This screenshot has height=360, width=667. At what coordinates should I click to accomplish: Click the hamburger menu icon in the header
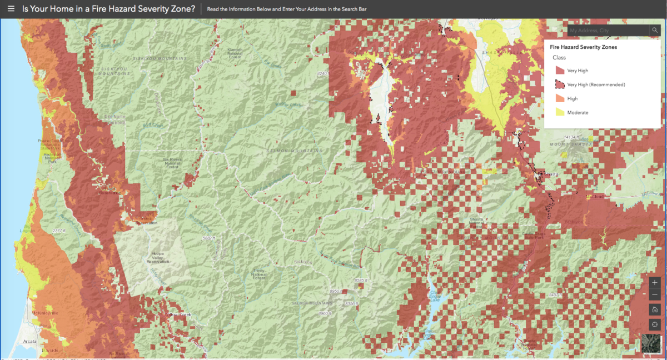pos(11,9)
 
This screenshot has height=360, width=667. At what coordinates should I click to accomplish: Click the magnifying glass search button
pos(655,31)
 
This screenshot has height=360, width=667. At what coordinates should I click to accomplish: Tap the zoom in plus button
pos(655,282)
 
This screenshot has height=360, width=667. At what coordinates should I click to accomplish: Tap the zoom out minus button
pos(655,294)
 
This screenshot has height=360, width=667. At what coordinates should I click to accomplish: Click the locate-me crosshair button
pos(655,324)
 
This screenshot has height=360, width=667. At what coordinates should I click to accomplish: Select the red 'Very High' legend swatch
pos(560,71)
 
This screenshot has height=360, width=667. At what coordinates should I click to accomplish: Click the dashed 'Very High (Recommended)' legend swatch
pos(560,84)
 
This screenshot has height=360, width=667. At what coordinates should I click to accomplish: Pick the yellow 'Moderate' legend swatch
pos(560,112)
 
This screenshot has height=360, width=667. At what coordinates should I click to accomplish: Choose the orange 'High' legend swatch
pos(560,98)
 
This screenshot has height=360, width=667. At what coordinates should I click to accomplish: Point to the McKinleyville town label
pos(44,313)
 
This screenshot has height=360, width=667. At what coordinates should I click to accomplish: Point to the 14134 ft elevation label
pos(573,137)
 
